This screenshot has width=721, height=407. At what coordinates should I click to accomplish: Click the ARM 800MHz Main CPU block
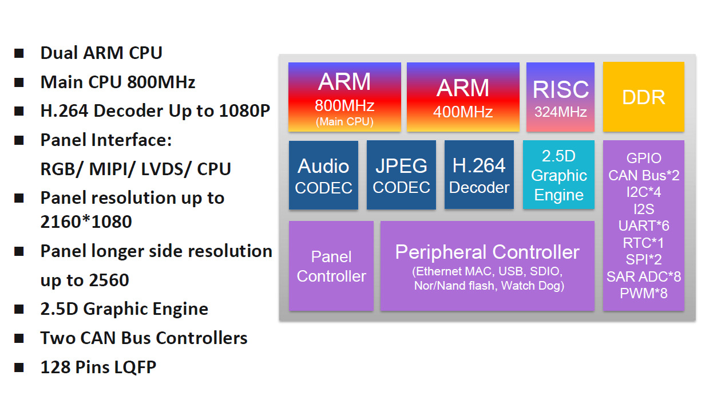tap(344, 97)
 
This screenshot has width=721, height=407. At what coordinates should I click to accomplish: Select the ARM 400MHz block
tap(463, 97)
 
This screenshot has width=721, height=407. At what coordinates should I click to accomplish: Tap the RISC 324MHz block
tap(560, 97)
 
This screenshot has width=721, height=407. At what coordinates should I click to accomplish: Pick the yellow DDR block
tap(643, 97)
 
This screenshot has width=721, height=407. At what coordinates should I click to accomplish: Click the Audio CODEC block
tap(323, 175)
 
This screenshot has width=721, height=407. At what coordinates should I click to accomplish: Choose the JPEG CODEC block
tap(401, 175)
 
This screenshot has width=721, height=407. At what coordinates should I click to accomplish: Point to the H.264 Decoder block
tap(479, 175)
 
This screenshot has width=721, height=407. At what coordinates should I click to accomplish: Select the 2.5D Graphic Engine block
tap(558, 175)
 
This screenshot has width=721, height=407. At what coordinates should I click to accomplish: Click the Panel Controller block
tap(331, 266)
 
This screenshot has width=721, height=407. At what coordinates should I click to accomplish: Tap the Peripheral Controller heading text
tap(488, 252)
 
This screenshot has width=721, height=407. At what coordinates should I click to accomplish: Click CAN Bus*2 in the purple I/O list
tap(643, 176)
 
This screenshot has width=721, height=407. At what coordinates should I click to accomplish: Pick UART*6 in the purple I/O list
tap(643, 226)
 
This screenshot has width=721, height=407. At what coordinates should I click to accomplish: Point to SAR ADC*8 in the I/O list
tap(643, 276)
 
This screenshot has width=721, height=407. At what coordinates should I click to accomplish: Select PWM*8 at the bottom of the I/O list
tap(643, 293)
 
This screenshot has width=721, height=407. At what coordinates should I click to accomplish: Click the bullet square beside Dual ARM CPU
tap(19, 53)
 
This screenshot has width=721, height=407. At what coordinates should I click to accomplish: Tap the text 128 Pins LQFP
tap(98, 367)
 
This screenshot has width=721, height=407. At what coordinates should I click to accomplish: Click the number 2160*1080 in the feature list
tap(86, 222)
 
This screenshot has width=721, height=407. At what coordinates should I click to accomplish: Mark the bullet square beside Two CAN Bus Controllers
tap(19, 338)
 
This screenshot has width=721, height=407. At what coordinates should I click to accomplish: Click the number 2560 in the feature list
tap(109, 280)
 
